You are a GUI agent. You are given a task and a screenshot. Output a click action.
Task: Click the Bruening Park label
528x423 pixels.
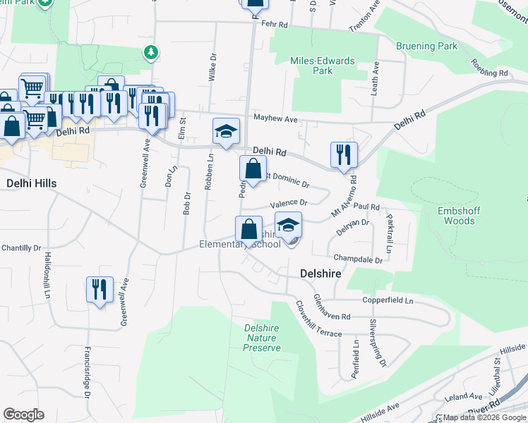[426, 47]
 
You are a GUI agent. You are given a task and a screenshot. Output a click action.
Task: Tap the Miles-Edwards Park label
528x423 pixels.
[322, 66]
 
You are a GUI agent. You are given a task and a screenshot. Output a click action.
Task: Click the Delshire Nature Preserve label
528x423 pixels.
[262, 338]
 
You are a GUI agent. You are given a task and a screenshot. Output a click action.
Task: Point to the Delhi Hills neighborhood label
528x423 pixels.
[31, 183]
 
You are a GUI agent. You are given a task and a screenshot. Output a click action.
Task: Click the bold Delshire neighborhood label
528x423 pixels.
[321, 272]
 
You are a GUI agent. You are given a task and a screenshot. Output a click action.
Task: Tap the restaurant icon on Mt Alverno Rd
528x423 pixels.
[344, 155]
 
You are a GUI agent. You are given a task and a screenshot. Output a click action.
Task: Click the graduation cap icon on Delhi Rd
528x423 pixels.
[226, 132]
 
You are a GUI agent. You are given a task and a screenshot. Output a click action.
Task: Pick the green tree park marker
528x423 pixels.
[150, 51]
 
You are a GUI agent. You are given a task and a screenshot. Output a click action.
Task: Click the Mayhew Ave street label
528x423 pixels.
[276, 118]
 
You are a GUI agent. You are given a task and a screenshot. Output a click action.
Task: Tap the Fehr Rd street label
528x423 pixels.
[274, 24]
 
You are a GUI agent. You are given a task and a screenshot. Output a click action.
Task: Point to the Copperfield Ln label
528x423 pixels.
[388, 300]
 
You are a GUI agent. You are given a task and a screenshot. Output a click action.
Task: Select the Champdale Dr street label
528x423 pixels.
[358, 259]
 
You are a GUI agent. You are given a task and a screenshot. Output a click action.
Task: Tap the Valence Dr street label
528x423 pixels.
[289, 202]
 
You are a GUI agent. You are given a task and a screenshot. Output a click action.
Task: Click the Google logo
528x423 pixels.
[24, 415]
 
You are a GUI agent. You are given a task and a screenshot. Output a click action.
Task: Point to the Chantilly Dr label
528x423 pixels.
[21, 247]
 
